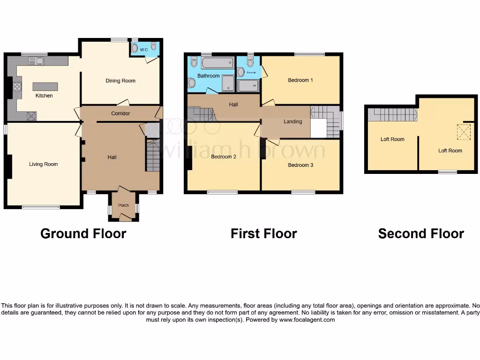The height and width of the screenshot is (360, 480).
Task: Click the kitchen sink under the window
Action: tap(36, 60)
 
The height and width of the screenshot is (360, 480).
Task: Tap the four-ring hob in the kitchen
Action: tap(17, 86)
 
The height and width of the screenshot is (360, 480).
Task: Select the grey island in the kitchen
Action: tap(45, 87)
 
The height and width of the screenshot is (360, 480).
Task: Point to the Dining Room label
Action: tap(120, 81)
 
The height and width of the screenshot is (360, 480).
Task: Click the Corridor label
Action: tap(120, 113)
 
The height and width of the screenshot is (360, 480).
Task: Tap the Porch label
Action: tap(123, 205)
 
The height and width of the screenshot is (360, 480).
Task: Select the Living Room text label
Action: tap(43, 164)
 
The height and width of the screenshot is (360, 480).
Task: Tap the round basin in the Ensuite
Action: tap(240, 72)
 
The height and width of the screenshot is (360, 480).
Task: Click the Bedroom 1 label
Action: tap(300, 80)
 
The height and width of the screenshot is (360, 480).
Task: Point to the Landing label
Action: tap(293, 121)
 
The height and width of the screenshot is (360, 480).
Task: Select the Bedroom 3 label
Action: tap(300, 165)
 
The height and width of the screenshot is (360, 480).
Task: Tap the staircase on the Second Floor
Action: tap(392, 114)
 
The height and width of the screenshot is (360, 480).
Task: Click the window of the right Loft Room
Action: tap(447, 172)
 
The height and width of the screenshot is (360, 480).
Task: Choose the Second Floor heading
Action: tap(421, 233)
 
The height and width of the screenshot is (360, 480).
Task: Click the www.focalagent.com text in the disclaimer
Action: tap(307, 320)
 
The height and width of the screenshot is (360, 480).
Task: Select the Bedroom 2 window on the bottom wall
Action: tap(222, 192)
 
